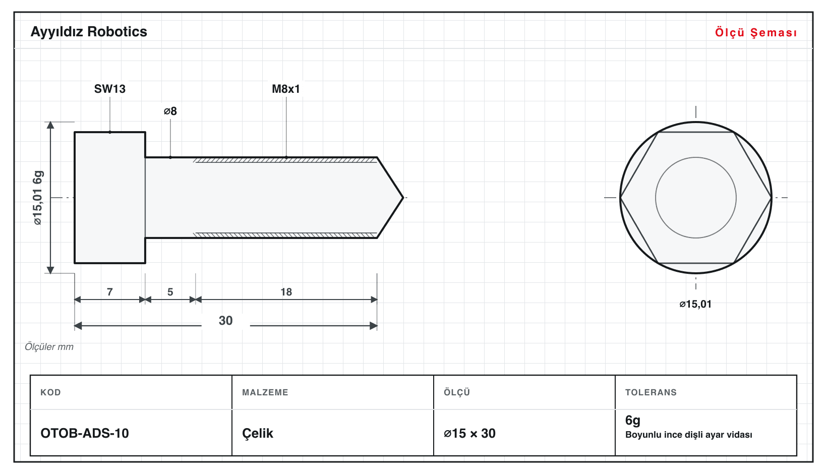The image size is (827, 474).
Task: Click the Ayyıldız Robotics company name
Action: [89, 32]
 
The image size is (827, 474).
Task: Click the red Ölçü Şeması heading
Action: [756, 32]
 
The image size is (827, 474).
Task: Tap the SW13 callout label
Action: [109, 89]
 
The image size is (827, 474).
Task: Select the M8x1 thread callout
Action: [286, 89]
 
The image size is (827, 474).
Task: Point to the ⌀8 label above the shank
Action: [170, 111]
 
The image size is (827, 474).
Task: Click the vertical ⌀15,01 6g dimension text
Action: [38, 198]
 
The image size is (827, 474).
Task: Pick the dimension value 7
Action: [109, 292]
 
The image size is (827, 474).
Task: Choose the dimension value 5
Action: [170, 292]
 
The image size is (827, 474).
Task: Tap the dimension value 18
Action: [286, 292]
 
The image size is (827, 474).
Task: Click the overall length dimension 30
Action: [225, 320]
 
